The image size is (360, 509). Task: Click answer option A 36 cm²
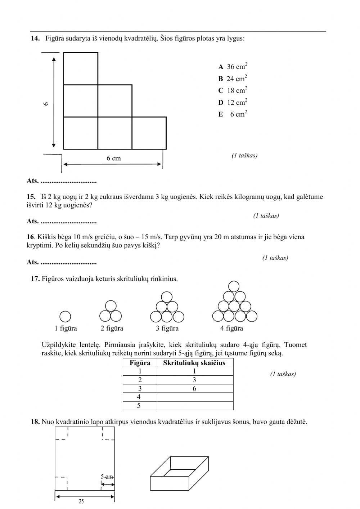point(233,67)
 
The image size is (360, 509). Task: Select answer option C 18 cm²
point(233,90)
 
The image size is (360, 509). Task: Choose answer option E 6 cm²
point(233,114)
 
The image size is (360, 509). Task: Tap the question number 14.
point(35,38)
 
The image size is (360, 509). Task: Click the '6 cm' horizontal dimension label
point(113,158)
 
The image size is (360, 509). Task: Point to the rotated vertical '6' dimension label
point(46,104)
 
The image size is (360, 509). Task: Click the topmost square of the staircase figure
point(81,69)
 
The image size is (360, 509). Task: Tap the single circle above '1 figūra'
point(65,317)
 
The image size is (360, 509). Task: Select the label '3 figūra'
point(167,329)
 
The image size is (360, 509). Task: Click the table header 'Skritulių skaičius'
point(194,363)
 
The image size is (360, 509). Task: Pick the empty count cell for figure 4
point(195,397)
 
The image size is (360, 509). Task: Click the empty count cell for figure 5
point(195,406)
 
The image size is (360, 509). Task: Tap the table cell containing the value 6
point(195,389)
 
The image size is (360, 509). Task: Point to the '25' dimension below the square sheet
point(81,501)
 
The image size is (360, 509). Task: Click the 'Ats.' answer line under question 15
point(62,221)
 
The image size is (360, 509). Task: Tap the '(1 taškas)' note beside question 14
point(244,156)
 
